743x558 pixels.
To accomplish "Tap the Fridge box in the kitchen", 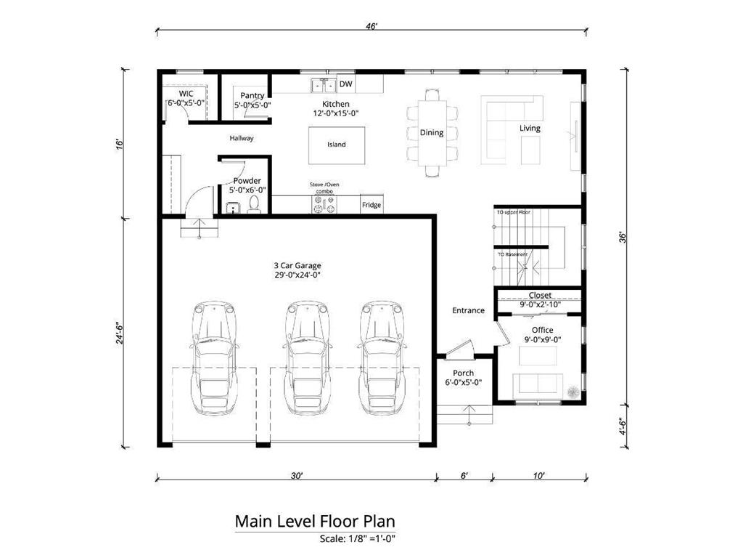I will (x=371, y=205).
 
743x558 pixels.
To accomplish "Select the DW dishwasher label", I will (x=346, y=85).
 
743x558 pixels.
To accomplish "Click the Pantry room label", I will (x=253, y=96).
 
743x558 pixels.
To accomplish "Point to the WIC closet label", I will (x=186, y=94).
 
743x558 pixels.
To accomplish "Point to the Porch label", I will (x=464, y=373).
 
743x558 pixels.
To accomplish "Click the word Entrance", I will (x=468, y=310).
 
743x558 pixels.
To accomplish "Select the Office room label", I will (x=542, y=330).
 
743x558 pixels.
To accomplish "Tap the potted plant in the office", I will (x=573, y=390).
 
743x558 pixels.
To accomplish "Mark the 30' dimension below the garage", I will (x=296, y=476).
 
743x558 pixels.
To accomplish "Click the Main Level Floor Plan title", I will (x=315, y=522).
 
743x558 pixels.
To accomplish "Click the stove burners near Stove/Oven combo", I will (x=324, y=207).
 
